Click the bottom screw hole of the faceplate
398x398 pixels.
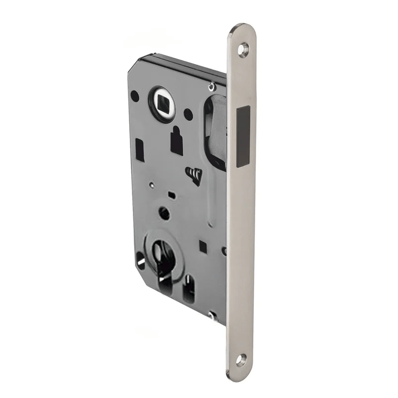coord(242,359)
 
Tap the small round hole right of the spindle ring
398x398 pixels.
coord(188,114)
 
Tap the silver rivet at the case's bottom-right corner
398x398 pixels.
coord(213,314)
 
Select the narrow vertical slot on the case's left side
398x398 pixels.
coord(140,150)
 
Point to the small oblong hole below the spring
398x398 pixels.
coord(171,193)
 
